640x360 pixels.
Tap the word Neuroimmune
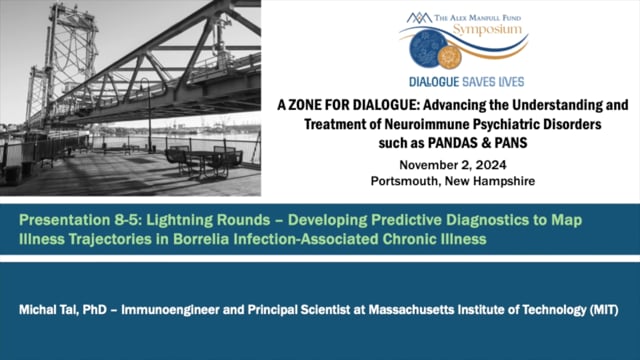click(x=394, y=124)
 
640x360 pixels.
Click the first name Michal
click(x=41, y=311)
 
